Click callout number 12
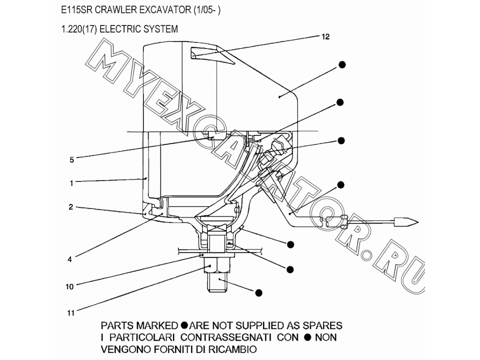325,36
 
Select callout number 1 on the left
71,183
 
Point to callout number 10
69,286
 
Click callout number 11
70,313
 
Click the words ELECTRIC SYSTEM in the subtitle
138,29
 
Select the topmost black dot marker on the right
342,64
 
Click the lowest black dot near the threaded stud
258,292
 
